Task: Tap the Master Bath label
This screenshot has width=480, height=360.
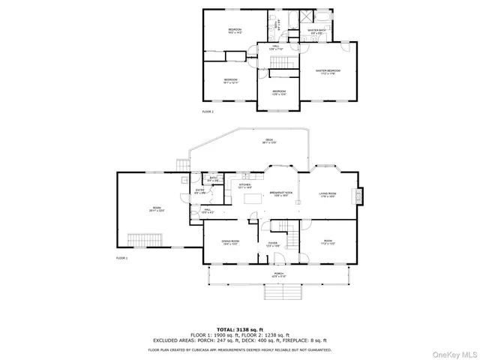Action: click(x=316, y=31)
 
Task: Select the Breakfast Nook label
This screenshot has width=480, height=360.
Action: click(x=281, y=195)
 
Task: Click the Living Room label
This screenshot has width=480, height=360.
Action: click(x=327, y=194)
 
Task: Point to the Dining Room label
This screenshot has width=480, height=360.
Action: click(x=229, y=242)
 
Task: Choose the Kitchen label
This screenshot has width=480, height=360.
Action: click(x=244, y=186)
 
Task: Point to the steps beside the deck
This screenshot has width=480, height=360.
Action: click(x=180, y=166)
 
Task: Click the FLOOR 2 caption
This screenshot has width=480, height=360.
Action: click(x=208, y=111)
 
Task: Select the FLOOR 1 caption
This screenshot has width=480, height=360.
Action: click(x=121, y=257)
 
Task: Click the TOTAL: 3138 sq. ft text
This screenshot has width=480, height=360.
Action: click(x=239, y=329)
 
